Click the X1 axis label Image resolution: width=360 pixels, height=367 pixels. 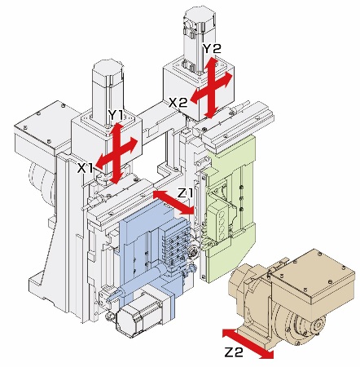pos(85,169)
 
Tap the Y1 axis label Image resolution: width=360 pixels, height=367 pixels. pos(116,115)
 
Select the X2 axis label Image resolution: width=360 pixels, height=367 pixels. pos(178,103)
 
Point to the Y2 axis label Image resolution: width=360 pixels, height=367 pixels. pos(212,49)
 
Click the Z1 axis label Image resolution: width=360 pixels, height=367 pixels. pos(185,193)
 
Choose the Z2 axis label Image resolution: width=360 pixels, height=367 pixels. pos(234,352)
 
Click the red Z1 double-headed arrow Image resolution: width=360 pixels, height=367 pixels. pos(173,202)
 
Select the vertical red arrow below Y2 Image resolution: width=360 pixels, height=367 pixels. pos(212,87)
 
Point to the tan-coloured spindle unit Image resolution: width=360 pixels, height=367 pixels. pos(292,299)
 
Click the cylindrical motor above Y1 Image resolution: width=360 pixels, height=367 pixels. pos(108,88)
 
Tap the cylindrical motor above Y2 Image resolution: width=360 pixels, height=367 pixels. pos(199,38)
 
